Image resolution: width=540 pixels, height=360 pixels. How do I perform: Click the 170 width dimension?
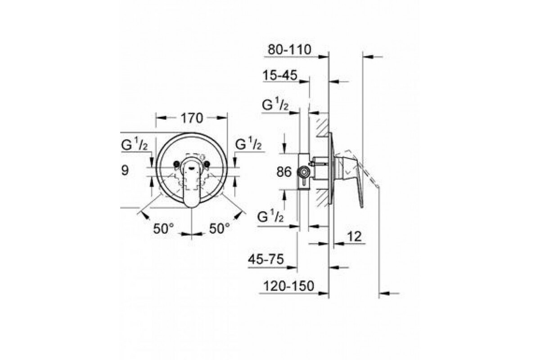click(x=192, y=118)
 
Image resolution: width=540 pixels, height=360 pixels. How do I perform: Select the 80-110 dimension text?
click(x=289, y=49)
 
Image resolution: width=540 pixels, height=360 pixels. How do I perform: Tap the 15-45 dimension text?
click(x=280, y=75)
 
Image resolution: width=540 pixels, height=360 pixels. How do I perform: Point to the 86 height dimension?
click(x=284, y=172)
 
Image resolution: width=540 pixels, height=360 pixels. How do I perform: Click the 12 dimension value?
click(x=355, y=236)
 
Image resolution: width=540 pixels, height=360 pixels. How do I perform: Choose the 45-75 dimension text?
click(x=266, y=260)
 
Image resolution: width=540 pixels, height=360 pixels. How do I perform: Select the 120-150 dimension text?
click(x=289, y=286)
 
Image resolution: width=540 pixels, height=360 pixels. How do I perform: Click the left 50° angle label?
click(x=163, y=228)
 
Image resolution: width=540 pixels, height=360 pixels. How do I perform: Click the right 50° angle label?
click(x=220, y=228)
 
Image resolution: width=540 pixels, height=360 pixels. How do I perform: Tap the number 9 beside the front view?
click(x=125, y=171)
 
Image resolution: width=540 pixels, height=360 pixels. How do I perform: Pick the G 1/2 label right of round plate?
click(x=248, y=144)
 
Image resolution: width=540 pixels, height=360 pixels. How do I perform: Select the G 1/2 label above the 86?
click(x=275, y=105)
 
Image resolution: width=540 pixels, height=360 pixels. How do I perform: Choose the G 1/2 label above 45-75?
click(x=270, y=216)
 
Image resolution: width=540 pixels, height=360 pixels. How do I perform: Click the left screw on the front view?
click(x=176, y=164)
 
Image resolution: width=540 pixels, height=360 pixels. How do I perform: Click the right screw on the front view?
click(x=207, y=164)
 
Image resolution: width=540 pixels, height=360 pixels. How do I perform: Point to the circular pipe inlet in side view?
click(x=304, y=172)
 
